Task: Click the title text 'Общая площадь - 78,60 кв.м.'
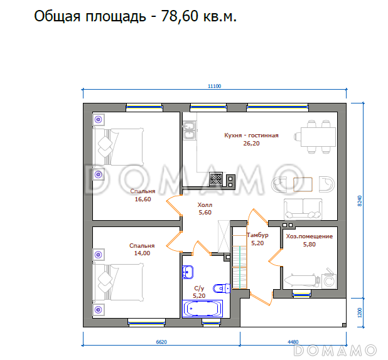[135, 17]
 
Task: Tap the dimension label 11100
[215, 87]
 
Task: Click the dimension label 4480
[293, 342]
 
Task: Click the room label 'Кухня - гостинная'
[251, 135]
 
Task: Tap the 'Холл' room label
[205, 204]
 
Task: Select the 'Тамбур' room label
[257, 235]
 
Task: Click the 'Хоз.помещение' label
[310, 236]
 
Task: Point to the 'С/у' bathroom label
[200, 288]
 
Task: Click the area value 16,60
[143, 199]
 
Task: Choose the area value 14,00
[142, 253]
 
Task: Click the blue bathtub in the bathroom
[202, 309]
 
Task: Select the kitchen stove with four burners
[216, 179]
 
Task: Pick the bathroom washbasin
[188, 272]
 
